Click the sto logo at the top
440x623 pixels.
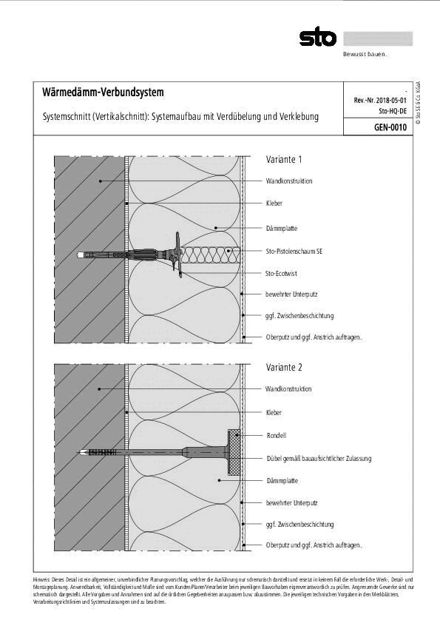point(317,38)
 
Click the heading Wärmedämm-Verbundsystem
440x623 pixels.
point(98,92)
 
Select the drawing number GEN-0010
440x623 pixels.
point(391,127)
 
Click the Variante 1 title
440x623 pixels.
point(284,159)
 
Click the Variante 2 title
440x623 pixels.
point(284,367)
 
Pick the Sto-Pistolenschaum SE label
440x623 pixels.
point(294,252)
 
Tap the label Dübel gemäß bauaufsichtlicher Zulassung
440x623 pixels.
point(318,459)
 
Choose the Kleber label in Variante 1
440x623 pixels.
point(274,203)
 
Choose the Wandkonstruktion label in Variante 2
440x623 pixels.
point(288,389)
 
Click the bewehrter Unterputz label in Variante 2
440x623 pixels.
point(291,503)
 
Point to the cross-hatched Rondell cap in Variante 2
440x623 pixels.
point(234,452)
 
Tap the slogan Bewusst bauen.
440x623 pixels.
point(365,54)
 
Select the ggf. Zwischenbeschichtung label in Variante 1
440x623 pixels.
point(299,316)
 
